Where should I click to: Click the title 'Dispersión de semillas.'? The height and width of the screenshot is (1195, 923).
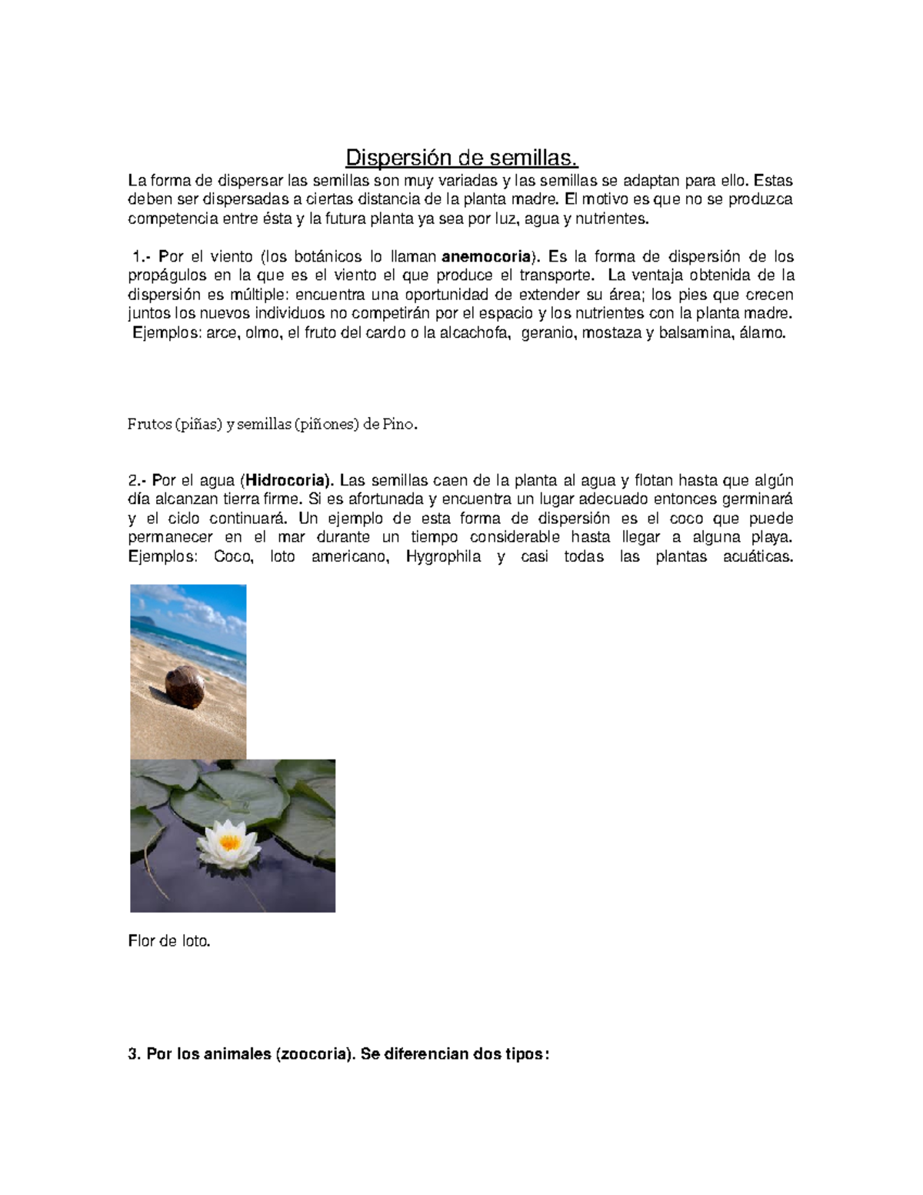pyautogui.click(x=461, y=158)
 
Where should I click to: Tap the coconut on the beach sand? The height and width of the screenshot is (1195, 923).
pyautogui.click(x=185, y=687)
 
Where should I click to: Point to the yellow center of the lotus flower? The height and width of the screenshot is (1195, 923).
pyautogui.click(x=230, y=842)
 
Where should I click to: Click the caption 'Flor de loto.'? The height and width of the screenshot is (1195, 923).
pyautogui.click(x=168, y=940)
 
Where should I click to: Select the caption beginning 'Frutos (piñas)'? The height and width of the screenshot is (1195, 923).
pyautogui.click(x=272, y=424)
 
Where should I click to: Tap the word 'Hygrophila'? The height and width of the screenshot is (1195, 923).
pyautogui.click(x=443, y=556)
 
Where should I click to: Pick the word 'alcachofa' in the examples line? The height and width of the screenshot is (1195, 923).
pyautogui.click(x=475, y=333)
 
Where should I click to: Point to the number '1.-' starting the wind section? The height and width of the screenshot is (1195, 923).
pyautogui.click(x=142, y=256)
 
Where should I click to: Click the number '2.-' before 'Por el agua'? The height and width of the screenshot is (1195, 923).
pyautogui.click(x=138, y=481)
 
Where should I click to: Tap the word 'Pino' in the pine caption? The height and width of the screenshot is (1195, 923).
pyautogui.click(x=398, y=424)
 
